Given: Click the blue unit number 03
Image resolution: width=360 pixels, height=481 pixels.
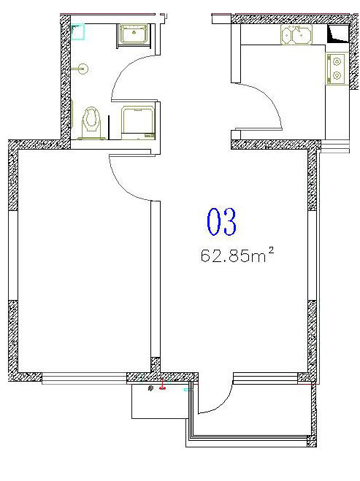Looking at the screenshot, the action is [221, 221].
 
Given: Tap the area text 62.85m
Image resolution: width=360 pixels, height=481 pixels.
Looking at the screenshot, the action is [233, 256].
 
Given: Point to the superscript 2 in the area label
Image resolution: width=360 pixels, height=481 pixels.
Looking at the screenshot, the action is [271, 251].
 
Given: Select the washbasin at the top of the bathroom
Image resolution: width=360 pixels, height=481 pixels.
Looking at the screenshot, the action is [134, 34].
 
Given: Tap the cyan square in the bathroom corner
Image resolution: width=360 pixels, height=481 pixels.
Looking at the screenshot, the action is [78, 32].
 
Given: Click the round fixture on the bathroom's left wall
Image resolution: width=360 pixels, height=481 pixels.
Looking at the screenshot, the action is [83, 69].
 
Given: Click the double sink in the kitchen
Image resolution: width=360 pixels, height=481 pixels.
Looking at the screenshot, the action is [296, 34].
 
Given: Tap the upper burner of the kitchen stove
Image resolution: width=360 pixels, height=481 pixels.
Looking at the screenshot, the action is [337, 61].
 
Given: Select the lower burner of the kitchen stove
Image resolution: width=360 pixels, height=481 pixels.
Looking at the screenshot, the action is [337, 75].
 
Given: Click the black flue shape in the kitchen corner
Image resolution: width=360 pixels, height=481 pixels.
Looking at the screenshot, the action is [338, 34].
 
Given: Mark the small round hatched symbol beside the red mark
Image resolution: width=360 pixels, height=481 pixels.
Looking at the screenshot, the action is [150, 388].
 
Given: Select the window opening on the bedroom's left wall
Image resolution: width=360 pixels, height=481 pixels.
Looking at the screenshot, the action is [13, 255].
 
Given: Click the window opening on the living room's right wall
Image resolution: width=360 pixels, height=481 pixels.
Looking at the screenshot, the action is [312, 255].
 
